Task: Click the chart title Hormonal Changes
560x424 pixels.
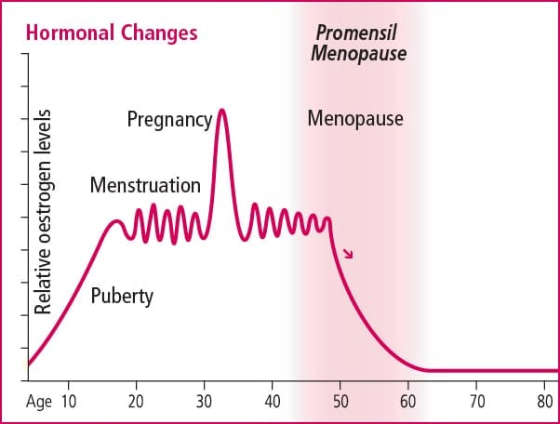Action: pos(112,33)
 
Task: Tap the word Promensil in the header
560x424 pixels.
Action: pos(356,33)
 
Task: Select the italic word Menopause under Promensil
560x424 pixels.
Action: pos(358,54)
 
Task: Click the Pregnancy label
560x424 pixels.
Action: pos(169,120)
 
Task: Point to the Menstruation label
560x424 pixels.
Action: pos(145,186)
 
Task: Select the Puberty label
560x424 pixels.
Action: pos(122,297)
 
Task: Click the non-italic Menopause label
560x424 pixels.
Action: pos(355,118)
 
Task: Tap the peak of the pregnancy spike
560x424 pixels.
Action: pos(221,110)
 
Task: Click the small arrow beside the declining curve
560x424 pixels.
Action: pos(348,254)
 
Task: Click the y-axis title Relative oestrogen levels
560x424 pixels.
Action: pos(43,212)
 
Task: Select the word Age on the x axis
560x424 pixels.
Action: pos(39,402)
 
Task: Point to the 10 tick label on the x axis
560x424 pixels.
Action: pos(68,402)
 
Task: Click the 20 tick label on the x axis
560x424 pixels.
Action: pos(136,402)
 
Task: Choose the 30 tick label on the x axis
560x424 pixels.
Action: pos(204,402)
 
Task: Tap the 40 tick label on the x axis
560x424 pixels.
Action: pos(273,402)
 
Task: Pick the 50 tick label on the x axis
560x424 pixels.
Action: pos(340,402)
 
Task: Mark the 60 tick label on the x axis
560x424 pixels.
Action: pos(407,402)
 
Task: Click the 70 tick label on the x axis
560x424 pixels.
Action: pos(477,402)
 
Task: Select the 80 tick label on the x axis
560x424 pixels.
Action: pos(544,402)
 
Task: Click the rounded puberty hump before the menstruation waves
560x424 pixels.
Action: pos(116,221)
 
